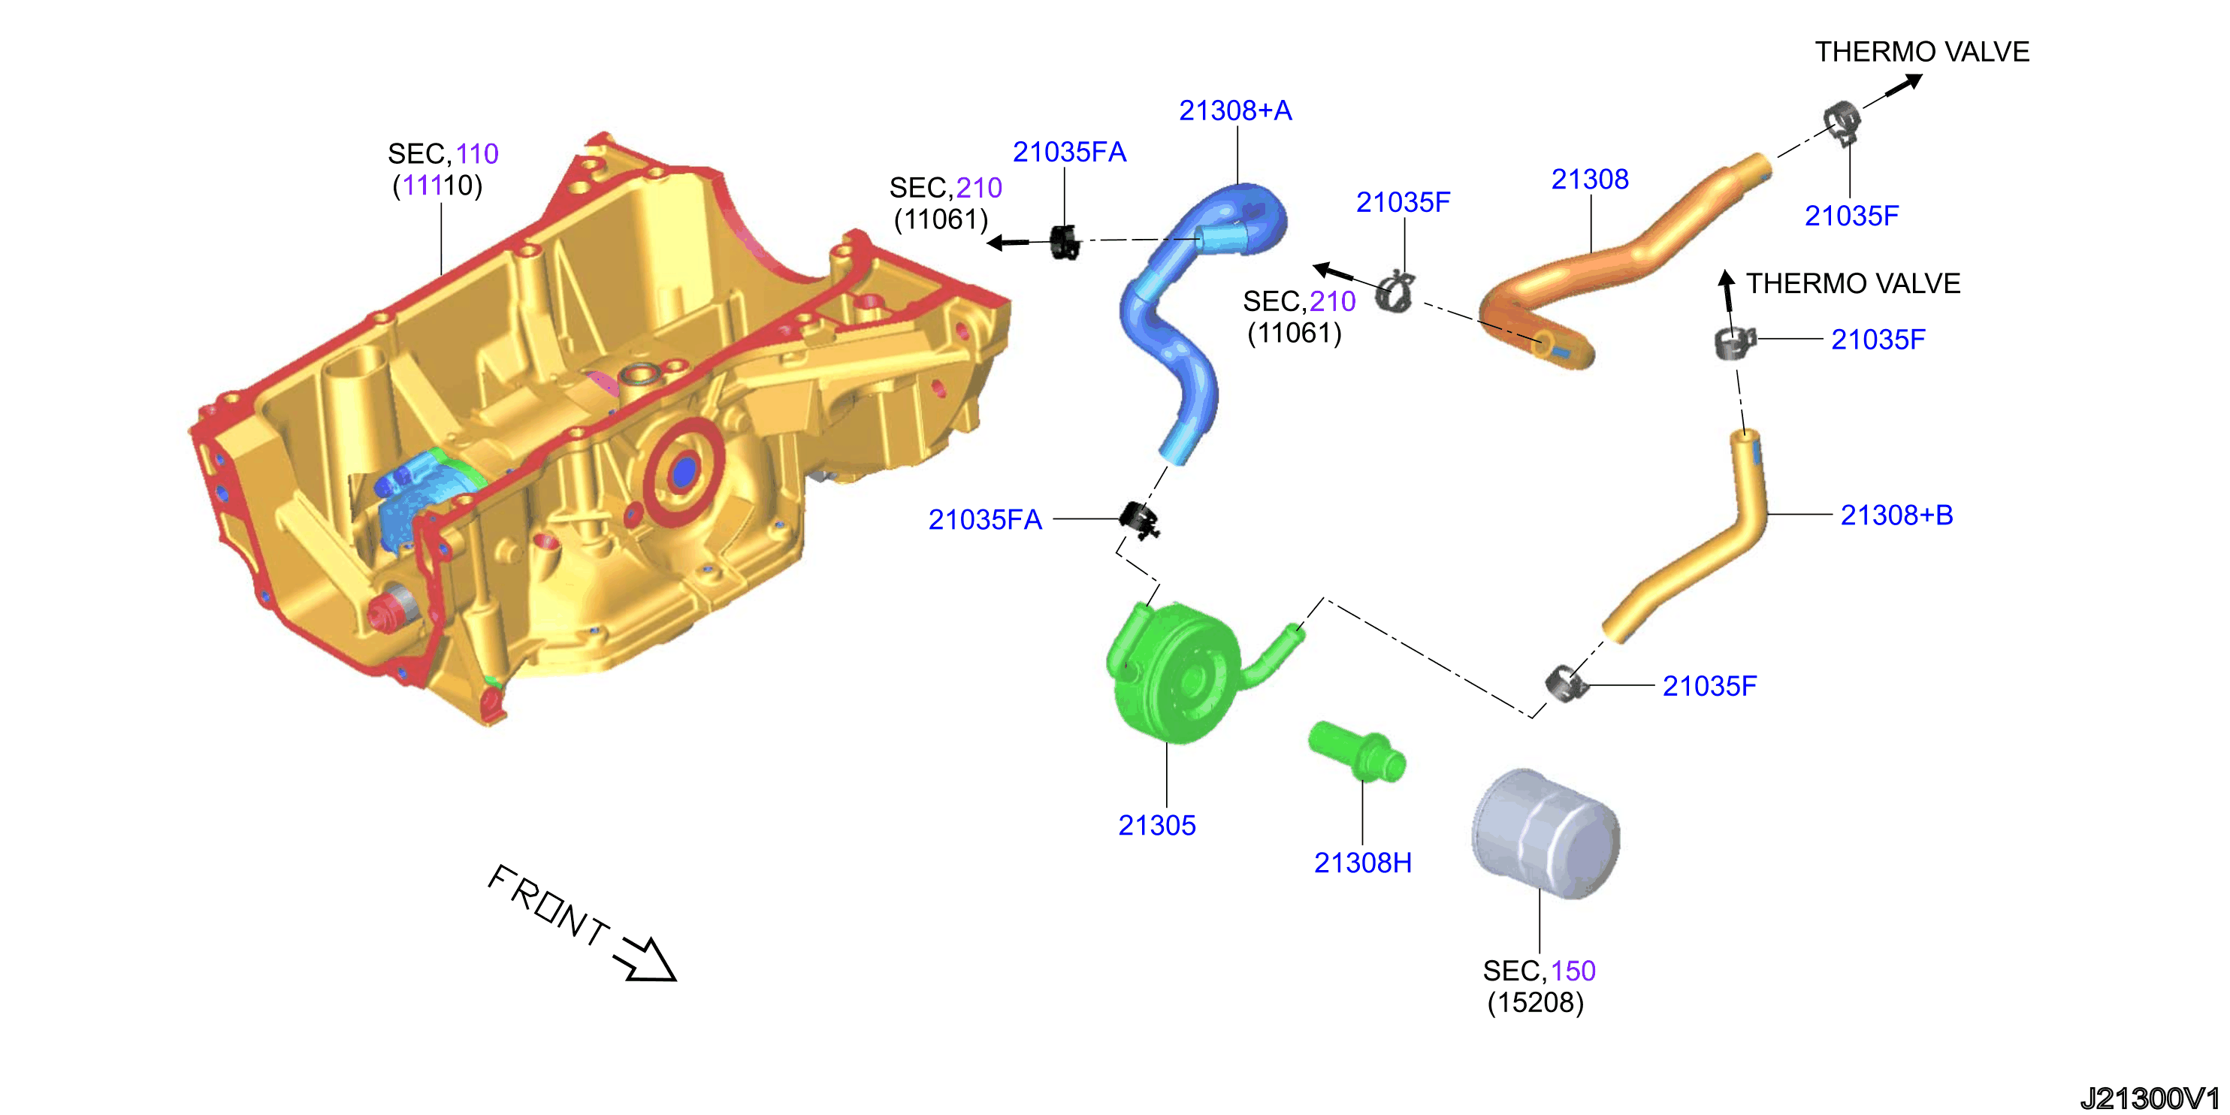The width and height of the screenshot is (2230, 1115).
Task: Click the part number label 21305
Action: pyautogui.click(x=1156, y=825)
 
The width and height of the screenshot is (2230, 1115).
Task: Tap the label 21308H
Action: pyautogui.click(x=1363, y=863)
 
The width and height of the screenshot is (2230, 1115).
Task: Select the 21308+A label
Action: pyautogui.click(x=1235, y=110)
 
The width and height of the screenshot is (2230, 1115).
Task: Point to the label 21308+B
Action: pyautogui.click(x=1896, y=515)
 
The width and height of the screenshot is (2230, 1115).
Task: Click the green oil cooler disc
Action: pyautogui.click(x=1177, y=675)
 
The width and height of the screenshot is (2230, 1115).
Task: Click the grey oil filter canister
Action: pyautogui.click(x=1546, y=832)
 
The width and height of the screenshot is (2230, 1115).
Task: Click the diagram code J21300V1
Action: pyautogui.click(x=2150, y=1098)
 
